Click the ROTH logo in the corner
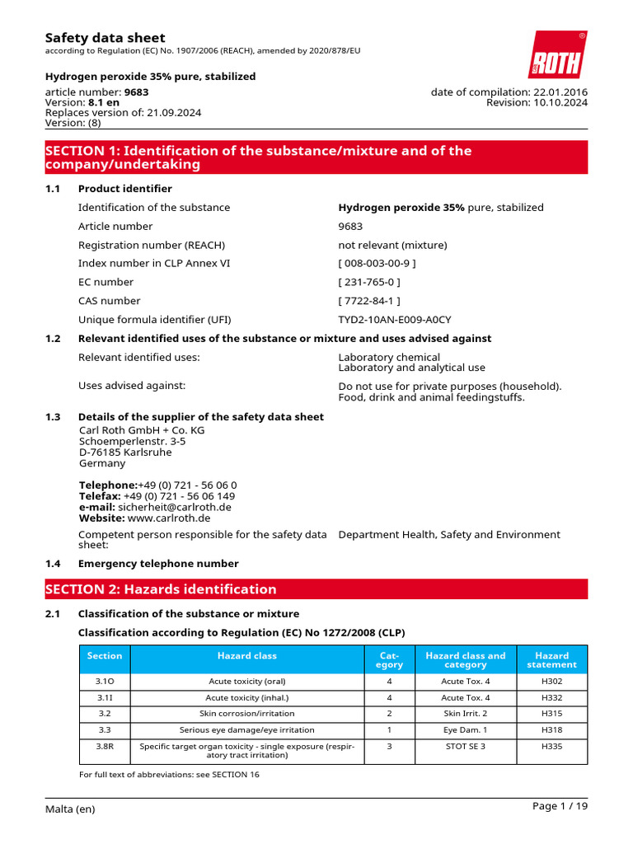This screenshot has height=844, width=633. click(x=557, y=55)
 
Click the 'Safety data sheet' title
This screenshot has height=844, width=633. click(x=105, y=38)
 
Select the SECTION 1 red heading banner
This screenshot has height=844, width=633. click(x=316, y=157)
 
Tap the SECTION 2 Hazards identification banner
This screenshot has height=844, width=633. click(x=316, y=589)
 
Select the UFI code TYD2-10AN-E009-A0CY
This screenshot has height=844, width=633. click(x=395, y=320)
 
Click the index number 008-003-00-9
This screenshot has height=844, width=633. click(x=377, y=264)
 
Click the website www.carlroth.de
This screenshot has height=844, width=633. click(x=169, y=518)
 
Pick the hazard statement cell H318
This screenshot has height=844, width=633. click(x=551, y=729)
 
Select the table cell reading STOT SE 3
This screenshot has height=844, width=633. click(x=465, y=746)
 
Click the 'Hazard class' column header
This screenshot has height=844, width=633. click(x=247, y=656)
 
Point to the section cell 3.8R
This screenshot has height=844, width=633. click(x=104, y=746)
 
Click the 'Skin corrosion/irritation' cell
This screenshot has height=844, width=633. click(x=247, y=713)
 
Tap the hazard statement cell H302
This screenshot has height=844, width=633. click(x=551, y=681)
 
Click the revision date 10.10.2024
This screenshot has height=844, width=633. click(x=560, y=103)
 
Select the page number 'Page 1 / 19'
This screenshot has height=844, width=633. click(x=560, y=807)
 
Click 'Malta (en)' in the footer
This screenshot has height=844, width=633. click(x=70, y=809)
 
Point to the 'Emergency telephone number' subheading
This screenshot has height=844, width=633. click(x=158, y=564)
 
